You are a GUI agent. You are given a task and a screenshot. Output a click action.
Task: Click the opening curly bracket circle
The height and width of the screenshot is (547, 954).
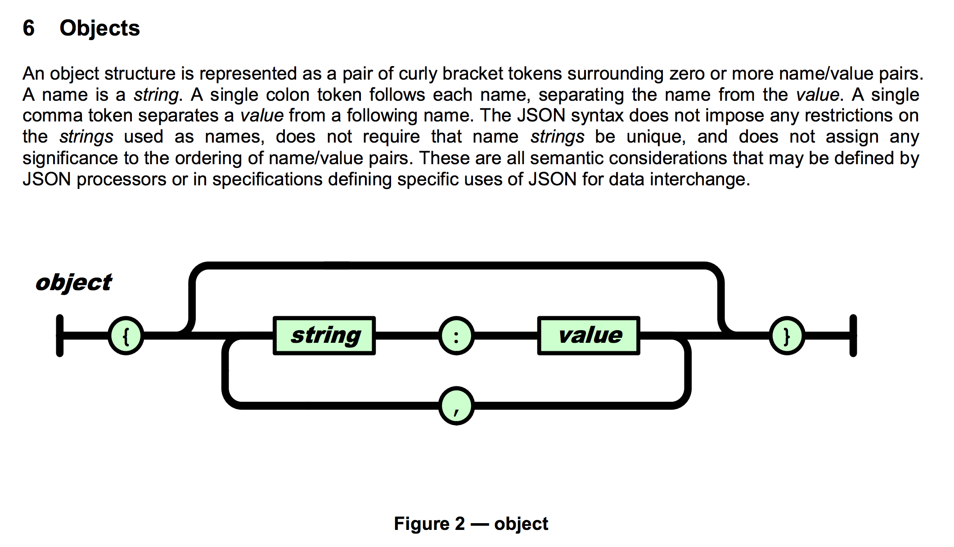(x=126, y=336)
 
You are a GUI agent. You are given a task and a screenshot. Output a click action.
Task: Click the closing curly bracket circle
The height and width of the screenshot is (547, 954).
(x=787, y=336)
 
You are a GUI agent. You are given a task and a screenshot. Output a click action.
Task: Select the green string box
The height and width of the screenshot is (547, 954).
(x=324, y=336)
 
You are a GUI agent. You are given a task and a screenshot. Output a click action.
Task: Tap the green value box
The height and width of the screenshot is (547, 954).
(x=589, y=336)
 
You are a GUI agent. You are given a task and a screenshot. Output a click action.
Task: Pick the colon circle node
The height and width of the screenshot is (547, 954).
(x=456, y=336)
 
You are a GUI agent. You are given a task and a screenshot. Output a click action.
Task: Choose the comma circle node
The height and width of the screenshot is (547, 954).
(x=456, y=406)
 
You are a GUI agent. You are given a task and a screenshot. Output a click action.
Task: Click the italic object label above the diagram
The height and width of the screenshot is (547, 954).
(x=74, y=282)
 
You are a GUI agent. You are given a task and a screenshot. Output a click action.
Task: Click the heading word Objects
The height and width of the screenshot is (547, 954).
(x=99, y=28)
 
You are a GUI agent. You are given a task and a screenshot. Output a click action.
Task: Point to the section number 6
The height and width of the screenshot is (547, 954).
(x=28, y=28)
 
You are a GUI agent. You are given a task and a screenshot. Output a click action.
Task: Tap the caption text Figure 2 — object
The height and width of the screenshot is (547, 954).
(x=471, y=524)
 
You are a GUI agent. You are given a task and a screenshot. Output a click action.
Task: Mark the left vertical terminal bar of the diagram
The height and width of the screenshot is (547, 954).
(x=60, y=336)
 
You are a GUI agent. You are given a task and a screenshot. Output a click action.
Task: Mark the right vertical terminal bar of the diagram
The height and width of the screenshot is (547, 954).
(x=853, y=336)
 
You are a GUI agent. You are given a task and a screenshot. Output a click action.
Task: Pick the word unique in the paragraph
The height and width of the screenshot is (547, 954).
(x=655, y=137)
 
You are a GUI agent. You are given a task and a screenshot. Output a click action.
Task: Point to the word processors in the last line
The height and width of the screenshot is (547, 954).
(x=121, y=179)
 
